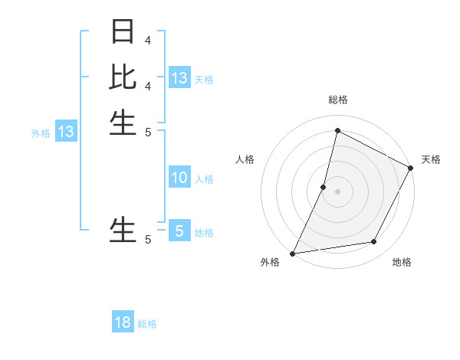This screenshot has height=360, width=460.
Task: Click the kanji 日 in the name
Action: [123, 31]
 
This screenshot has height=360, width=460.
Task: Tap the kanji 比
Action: [123, 77]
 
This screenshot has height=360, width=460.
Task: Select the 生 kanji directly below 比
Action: [123, 123]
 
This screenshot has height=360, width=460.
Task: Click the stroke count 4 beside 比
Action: [148, 86]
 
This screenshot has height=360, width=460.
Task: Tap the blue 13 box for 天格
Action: [179, 78]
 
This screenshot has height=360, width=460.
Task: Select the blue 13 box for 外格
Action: [66, 132]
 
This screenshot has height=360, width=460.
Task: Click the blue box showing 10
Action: [179, 178]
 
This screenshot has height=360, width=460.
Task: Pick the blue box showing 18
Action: [123, 322]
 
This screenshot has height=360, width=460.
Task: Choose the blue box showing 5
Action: [179, 231]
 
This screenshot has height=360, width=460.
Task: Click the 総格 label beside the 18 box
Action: [147, 324]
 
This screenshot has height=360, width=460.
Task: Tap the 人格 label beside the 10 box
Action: [204, 179]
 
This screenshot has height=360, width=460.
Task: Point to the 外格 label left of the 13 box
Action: [41, 133]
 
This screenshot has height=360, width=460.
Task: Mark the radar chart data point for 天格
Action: [411, 168]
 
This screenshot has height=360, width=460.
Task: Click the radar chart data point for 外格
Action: [293, 253]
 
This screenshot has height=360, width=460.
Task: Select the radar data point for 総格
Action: [337, 130]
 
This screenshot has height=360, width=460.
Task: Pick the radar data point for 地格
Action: [374, 242]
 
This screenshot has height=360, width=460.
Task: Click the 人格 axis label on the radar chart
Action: [245, 159]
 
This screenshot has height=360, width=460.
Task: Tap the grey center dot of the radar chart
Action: [337, 191]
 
